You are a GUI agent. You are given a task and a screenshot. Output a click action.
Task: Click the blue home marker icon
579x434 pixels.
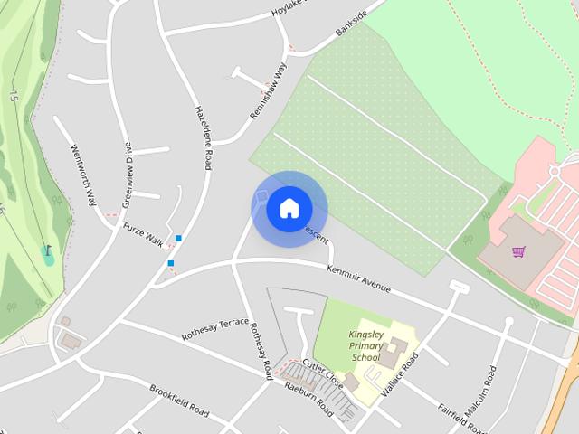coord(289,209)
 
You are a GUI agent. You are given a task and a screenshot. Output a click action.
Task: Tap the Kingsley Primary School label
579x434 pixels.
coord(365,345)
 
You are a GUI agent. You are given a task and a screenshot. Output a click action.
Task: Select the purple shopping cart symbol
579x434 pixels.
coord(518,251)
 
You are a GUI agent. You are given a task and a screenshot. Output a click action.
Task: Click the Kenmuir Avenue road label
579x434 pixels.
coord(359,278)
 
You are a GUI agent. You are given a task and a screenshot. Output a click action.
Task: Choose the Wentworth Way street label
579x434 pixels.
coord(83,175)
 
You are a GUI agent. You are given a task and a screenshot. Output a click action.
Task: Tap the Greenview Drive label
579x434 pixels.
coord(127,175)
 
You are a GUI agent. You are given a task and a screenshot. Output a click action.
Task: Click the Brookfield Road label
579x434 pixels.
coord(179,401)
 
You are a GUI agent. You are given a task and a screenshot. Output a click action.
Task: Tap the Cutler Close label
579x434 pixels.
coord(322,371)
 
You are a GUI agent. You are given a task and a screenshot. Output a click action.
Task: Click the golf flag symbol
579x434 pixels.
coord(47,250)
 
